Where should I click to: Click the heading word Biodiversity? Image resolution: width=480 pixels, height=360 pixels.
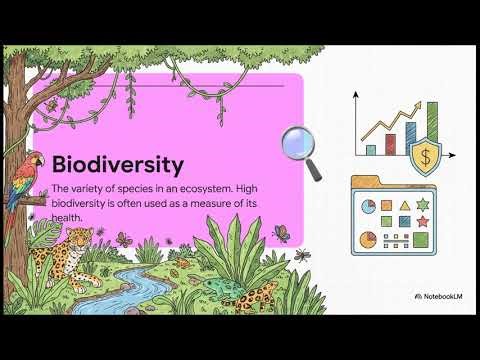click(117, 163)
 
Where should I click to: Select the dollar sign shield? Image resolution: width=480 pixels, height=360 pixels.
click(427, 155)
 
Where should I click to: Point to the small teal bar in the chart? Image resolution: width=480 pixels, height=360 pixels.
click(371, 149)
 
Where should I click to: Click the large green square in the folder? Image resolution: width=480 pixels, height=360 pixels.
click(421, 240)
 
